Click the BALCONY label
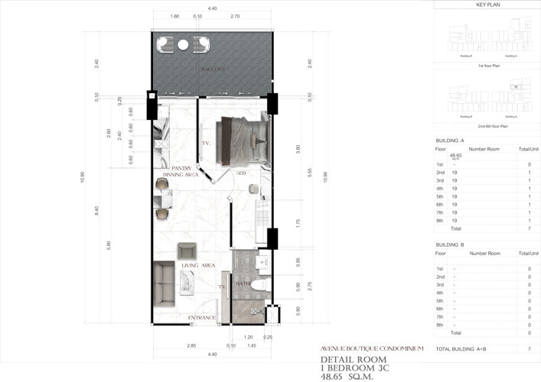click(212, 70)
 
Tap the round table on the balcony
click(183, 45)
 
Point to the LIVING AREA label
click(197, 265)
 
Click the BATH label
click(243, 283)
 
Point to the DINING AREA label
click(181, 175)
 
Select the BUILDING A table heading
click(450, 141)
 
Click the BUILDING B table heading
click(450, 244)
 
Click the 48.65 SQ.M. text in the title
click(347, 375)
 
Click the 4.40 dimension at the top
click(212, 8)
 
